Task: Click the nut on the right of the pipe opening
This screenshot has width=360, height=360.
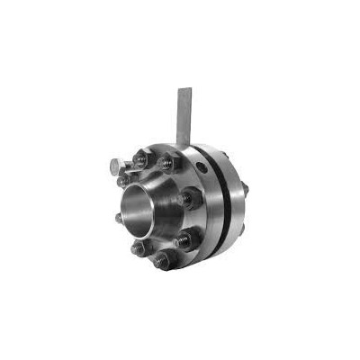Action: coord(188,200)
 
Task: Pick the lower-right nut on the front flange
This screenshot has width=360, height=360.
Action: coord(185,239)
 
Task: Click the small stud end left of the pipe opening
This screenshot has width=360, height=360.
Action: coord(119,218)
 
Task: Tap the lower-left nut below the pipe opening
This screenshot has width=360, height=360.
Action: coord(137,247)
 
